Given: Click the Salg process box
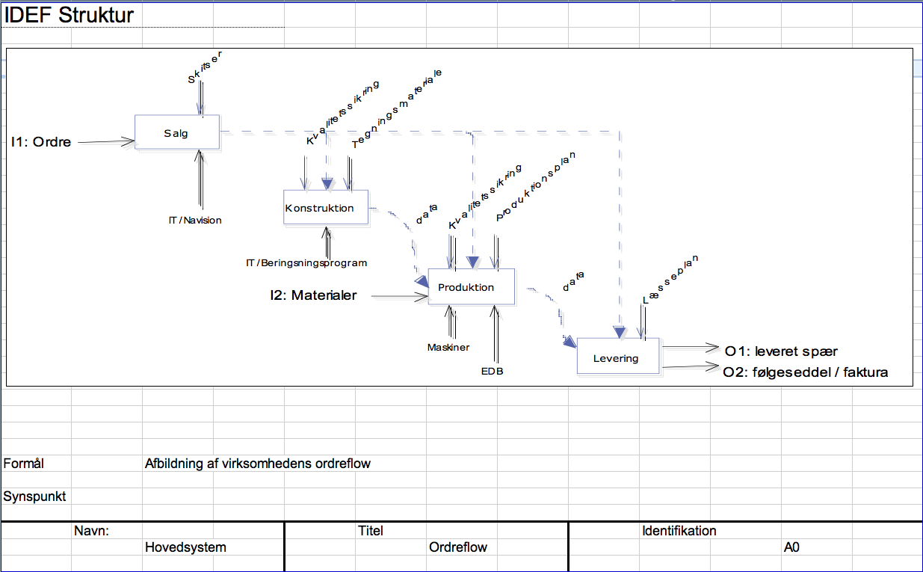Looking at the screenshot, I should coord(177,134).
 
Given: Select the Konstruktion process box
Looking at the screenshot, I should coord(326,208).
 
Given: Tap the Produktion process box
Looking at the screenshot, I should coord(471,287).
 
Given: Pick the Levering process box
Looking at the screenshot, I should coord(618,358).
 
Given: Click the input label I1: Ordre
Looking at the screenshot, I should coord(41,142).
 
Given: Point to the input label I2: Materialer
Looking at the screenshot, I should coord(314,296).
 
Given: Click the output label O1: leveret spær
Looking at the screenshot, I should coord(781,351).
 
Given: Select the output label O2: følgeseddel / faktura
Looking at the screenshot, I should coord(806,372).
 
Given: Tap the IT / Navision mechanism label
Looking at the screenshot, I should coord(195,221).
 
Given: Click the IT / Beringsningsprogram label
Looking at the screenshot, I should coord(306,263).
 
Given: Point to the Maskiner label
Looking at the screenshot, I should coord(448,348).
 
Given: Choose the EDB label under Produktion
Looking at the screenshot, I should coord(492,371).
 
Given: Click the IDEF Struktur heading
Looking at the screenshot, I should coord(69,15).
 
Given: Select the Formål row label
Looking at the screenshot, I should coord(24,464).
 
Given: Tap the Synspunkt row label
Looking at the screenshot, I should coord(34,496).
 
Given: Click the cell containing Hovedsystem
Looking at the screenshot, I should coord(185,547).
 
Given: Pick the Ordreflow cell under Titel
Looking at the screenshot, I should coord(458,547).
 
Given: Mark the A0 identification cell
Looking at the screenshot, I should coord(791,547).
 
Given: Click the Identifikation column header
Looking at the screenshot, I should coord(679,531).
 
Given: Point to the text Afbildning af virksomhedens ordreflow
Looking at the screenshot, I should coord(258,464).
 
